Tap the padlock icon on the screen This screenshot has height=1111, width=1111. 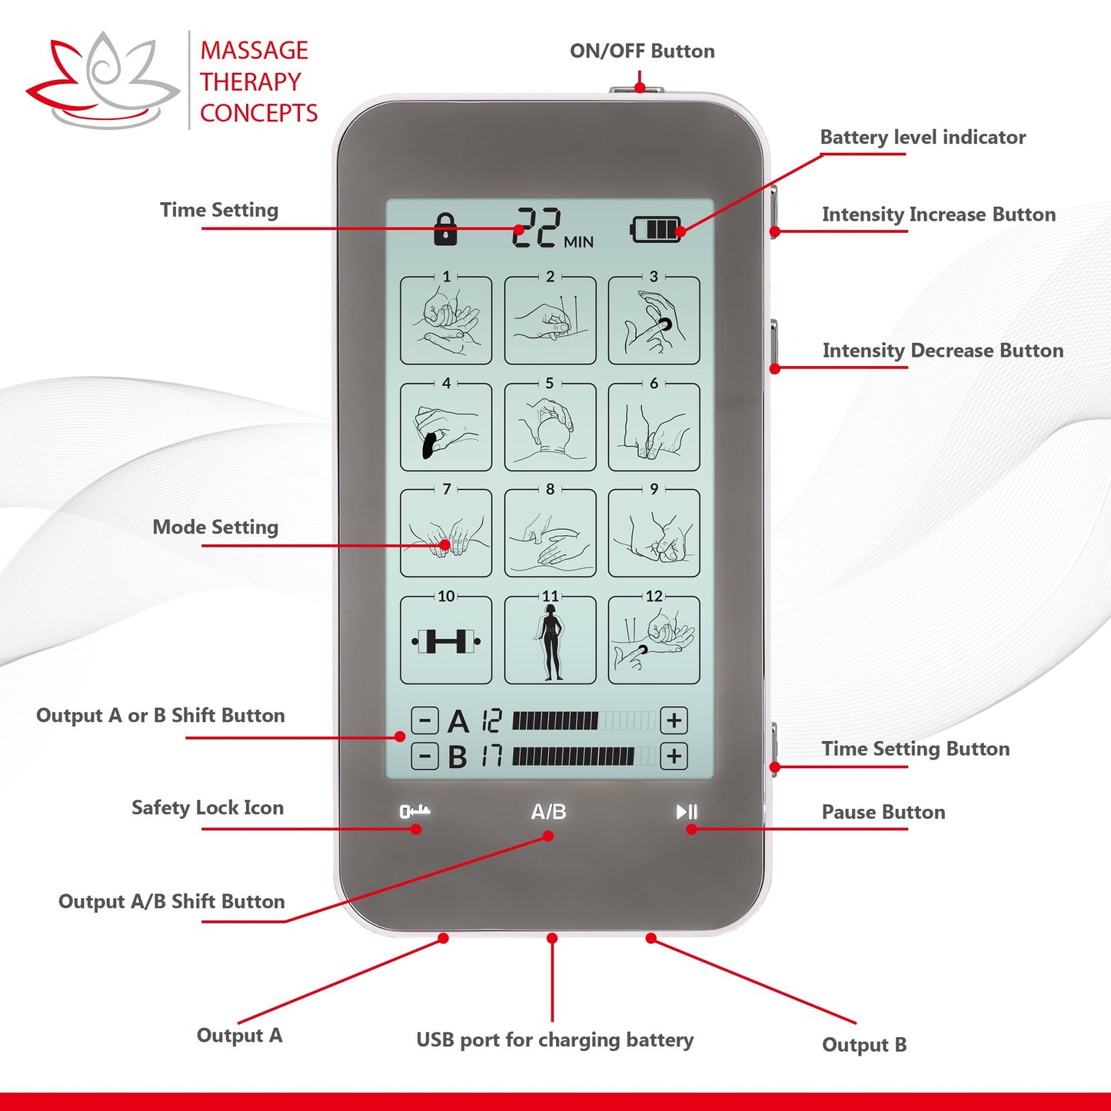(445, 229)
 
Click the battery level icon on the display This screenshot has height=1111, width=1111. (656, 229)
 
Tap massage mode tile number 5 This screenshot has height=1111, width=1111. (550, 427)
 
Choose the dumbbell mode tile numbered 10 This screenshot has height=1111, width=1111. (446, 640)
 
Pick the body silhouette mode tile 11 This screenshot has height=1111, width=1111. (550, 640)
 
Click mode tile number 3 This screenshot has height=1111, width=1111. (654, 320)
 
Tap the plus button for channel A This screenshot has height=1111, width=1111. (674, 720)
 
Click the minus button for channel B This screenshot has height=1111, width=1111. (424, 756)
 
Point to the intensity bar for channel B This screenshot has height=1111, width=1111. (584, 756)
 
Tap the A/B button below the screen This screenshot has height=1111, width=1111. (548, 812)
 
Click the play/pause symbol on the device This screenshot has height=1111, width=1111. (687, 812)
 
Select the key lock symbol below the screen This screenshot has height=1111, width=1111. (414, 811)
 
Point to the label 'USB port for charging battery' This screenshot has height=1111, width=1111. (554, 1040)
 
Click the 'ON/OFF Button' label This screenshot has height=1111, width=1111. (642, 52)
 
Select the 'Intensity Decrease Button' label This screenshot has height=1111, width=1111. (943, 351)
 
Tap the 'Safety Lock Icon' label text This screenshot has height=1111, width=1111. (208, 808)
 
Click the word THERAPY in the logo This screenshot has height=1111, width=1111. (251, 81)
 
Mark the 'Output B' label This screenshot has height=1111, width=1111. (864, 1045)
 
